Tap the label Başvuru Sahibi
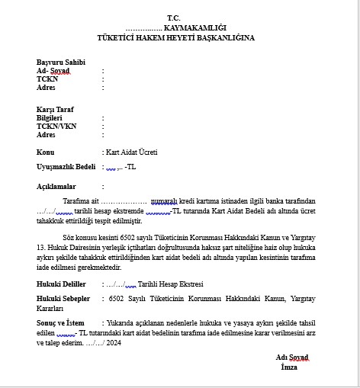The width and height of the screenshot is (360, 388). [x=61, y=62]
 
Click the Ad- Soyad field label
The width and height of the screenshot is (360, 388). [x=53, y=70]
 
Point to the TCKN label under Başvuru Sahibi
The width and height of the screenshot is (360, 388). [x=47, y=79]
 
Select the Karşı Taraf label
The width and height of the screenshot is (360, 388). [x=56, y=110]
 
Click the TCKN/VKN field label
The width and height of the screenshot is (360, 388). [x=56, y=127]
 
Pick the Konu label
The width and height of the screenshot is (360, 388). [x=45, y=151]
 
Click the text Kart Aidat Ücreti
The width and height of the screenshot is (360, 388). [x=131, y=151]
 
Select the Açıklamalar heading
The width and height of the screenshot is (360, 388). [x=56, y=185]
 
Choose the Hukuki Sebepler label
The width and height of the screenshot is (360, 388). [x=65, y=300]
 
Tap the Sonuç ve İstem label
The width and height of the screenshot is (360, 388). [x=62, y=323]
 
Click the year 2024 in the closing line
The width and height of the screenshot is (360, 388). [x=113, y=342]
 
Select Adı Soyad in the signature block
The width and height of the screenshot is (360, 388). [x=292, y=358]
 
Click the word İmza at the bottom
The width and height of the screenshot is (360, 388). [x=290, y=367]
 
